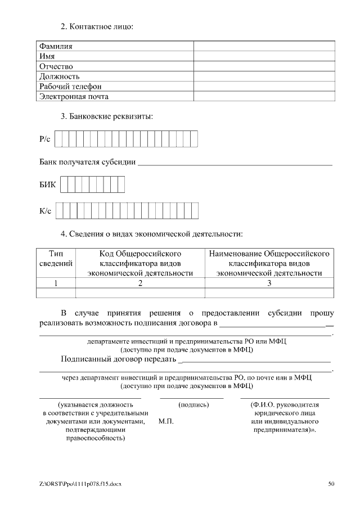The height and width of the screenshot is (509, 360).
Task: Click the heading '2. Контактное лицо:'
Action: click(97, 27)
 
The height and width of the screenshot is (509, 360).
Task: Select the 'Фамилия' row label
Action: click(55, 46)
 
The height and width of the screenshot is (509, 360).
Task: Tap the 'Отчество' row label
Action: click(56, 66)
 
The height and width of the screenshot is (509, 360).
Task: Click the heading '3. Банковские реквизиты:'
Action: click(107, 117)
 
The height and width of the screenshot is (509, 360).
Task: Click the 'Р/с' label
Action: click(46, 138)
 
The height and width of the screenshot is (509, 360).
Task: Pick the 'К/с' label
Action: click(46, 211)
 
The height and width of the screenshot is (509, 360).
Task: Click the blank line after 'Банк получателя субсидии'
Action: click(235, 163)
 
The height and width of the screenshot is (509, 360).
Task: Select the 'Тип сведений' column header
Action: click(56, 258)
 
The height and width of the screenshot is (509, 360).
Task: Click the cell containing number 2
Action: click(140, 283)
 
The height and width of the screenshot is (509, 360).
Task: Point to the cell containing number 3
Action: click(269, 283)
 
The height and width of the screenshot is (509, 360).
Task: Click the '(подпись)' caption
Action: click(193, 404)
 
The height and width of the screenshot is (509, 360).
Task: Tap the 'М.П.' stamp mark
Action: click(166, 421)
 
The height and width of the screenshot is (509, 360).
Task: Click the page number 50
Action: click(331, 484)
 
